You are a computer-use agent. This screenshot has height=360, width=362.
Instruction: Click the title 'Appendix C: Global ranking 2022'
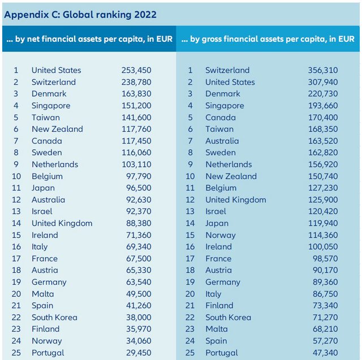80,14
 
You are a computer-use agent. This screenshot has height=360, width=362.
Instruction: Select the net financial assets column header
89,39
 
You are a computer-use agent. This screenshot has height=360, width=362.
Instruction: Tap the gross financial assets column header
268,39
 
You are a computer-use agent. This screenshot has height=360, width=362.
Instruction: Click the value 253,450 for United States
136,70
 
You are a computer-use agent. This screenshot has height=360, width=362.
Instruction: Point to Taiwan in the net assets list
45,118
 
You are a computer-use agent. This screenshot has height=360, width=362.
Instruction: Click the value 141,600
136,118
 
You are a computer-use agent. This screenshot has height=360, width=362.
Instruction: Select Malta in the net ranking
43,294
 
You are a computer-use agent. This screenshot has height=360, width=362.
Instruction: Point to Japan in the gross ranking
217,223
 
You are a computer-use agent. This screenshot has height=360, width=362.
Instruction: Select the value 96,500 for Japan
139,188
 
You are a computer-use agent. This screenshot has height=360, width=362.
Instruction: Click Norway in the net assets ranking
47,341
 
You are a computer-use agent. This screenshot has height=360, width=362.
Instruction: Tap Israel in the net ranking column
43,211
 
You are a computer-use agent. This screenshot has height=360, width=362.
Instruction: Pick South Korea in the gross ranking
228,318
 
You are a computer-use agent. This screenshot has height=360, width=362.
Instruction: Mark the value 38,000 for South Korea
139,318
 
